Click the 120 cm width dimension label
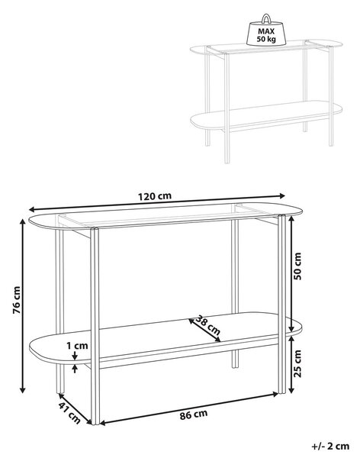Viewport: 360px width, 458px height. [155, 196]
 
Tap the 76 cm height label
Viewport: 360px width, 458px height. [17, 300]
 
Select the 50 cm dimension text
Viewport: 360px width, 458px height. [297, 266]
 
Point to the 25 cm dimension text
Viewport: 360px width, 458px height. [297, 363]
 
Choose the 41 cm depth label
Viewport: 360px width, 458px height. [69, 413]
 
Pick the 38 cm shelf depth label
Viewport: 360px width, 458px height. [207, 325]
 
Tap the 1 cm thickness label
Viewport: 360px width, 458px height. [77, 346]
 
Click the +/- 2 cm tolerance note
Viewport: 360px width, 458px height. [330, 446]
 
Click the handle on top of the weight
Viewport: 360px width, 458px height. [265, 18]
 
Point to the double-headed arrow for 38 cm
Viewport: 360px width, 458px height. [204, 330]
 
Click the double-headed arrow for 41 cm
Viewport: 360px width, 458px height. [75, 408]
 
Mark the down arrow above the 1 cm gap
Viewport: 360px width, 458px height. [76, 356]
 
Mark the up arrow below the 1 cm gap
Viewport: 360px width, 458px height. [76, 369]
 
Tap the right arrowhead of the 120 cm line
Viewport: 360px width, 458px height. [281, 195]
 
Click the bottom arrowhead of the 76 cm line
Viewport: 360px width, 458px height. [22, 389]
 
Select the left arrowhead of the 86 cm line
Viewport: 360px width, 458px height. [104, 423]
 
